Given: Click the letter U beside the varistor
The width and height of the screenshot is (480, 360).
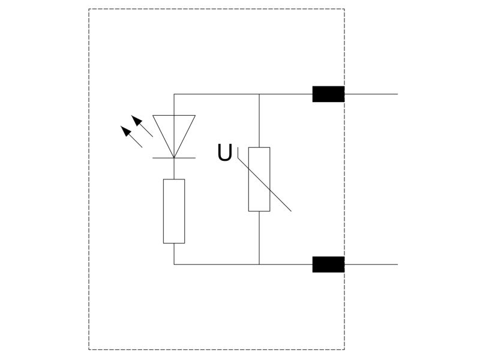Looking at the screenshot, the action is coord(224,152).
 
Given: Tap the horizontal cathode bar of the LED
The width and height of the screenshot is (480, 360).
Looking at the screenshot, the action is coord(174,158).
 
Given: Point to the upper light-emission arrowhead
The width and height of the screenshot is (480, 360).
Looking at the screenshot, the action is coord(137,120).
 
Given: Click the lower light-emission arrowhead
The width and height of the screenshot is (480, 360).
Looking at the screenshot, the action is coord(126,131).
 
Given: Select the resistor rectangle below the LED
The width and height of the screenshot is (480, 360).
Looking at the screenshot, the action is coord(174,211).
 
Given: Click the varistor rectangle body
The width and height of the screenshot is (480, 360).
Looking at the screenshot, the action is coord(259,179).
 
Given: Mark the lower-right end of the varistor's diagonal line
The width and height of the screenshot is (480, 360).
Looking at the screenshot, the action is coord(291,211).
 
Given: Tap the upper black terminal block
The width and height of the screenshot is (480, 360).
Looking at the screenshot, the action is coord(328,94).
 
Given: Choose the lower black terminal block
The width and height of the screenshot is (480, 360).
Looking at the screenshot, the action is coord(328,265).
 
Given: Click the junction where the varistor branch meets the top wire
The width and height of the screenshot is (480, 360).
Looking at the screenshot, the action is coord(259,94).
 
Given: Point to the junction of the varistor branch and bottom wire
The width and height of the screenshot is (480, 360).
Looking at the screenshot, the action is coord(259,265).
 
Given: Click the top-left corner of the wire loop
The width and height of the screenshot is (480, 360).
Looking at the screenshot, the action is coord(174,94).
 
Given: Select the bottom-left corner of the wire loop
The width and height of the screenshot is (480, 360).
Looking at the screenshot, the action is coord(174,265).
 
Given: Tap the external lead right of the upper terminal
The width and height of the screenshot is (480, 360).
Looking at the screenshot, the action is coord(371,94).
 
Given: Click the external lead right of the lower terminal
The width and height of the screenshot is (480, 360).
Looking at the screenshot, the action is coord(371,265).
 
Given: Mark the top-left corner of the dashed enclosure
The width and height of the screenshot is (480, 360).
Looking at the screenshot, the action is coord(89,9).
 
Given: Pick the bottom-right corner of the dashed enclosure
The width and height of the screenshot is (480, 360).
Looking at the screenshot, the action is coord(344,350).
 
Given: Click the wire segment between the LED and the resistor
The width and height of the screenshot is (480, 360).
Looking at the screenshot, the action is coord(174,169).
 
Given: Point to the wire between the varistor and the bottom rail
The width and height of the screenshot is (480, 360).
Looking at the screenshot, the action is coord(259,238).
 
